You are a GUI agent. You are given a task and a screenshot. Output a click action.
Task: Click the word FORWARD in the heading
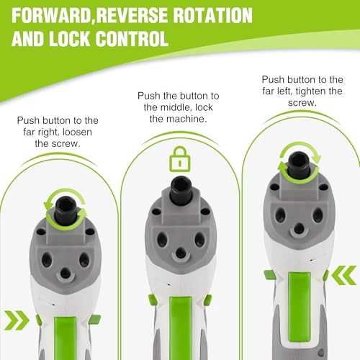pyautogui.click(x=51, y=15)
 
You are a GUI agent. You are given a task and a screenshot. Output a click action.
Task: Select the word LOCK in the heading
pyautogui.click(x=71, y=38)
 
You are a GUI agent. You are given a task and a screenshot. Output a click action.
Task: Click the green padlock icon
pyautogui.click(x=180, y=159)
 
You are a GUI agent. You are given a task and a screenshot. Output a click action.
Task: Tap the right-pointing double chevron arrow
pyautogui.click(x=17, y=320)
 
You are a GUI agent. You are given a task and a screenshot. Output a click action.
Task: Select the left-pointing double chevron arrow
pyautogui.click(x=344, y=275)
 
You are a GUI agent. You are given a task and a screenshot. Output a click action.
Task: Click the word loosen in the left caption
pyautogui.click(x=77, y=132)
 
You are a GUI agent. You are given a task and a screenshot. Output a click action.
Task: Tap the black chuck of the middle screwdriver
pyautogui.click(x=181, y=189)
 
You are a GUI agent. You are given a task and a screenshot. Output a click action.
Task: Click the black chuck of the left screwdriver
pyautogui.click(x=66, y=210)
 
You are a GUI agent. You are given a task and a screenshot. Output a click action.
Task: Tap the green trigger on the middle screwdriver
pyautogui.click(x=181, y=328)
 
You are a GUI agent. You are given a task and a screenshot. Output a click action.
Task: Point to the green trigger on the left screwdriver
pyautogui.click(x=66, y=338)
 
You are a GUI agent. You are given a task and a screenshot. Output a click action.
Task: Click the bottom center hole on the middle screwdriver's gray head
pyautogui.click(x=181, y=253)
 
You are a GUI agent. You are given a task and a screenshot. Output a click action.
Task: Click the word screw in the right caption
pyautogui.click(x=302, y=103)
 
